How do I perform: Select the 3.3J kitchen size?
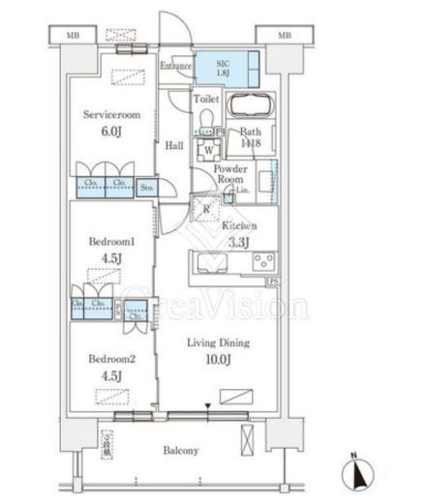237,242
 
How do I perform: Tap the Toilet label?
205,100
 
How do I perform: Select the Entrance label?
176,67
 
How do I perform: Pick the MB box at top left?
73,36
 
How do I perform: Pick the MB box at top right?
284,36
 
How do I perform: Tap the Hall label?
174,145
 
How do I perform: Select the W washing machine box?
208,151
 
